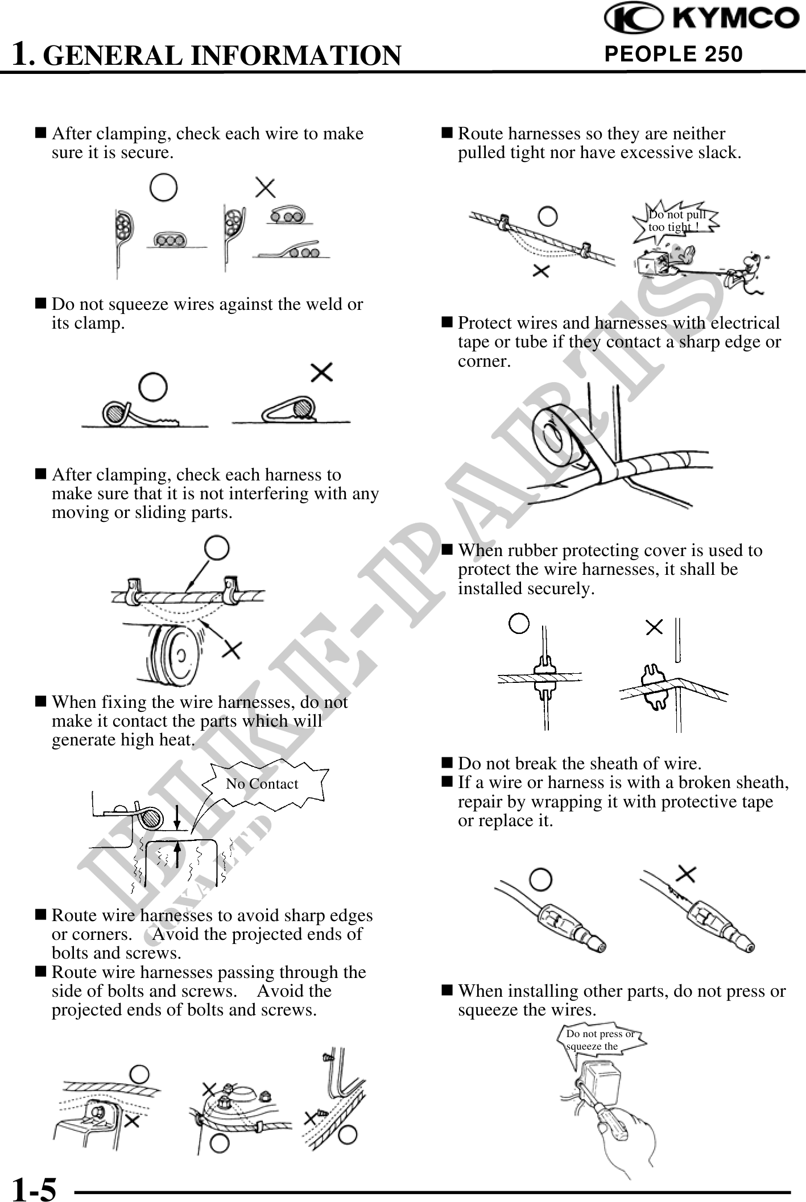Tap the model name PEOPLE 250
coord(673,54)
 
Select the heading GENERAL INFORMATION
coord(222,55)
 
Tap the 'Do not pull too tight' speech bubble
coord(676,221)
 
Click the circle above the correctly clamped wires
coord(163,188)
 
